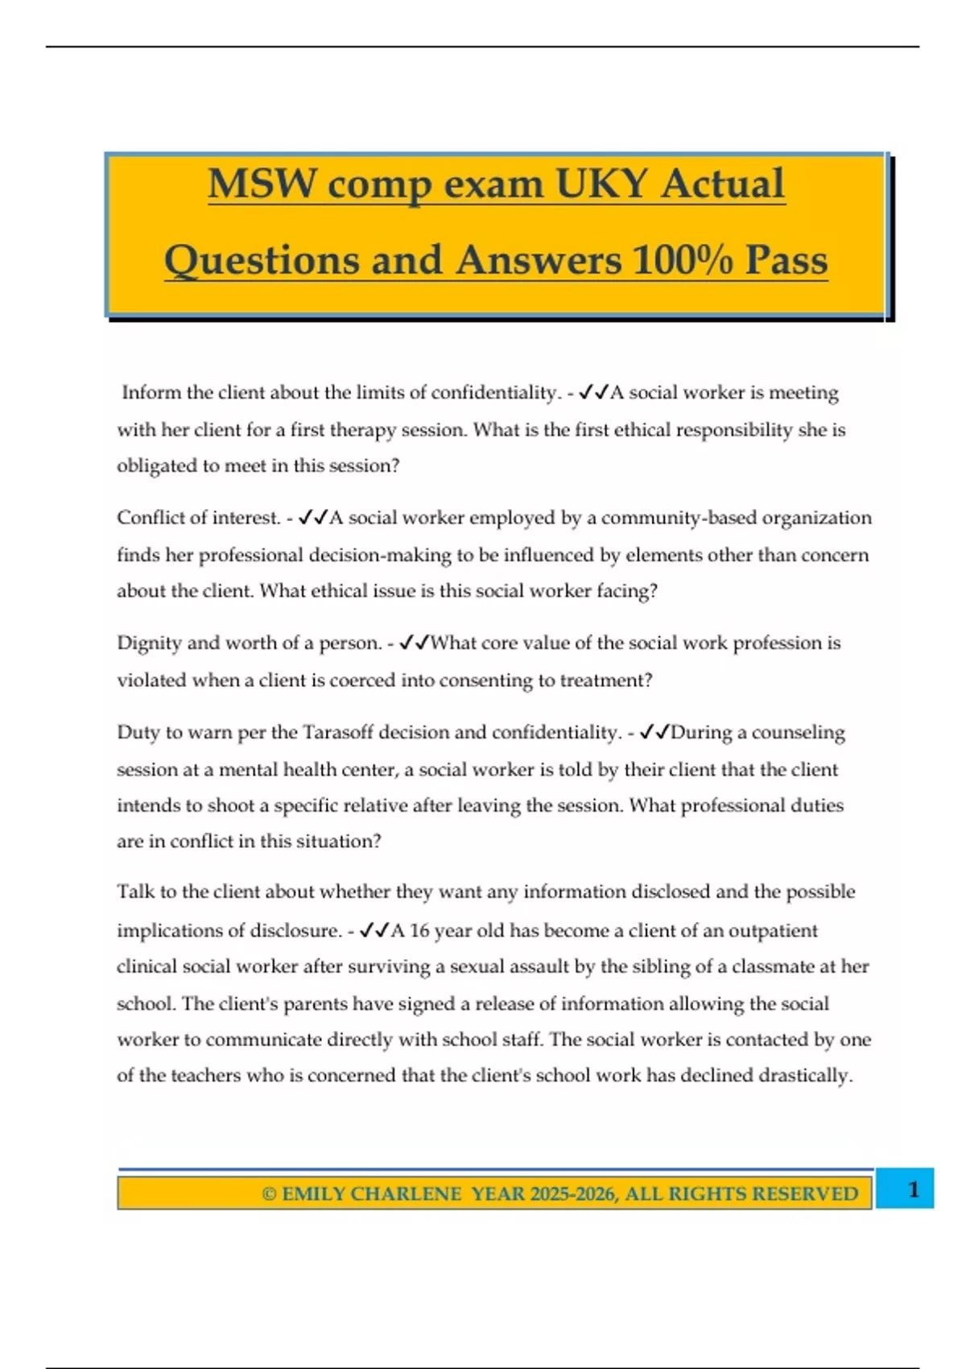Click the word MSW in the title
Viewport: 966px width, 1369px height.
point(262,184)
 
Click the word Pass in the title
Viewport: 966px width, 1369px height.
point(786,260)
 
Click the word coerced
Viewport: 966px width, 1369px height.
point(360,680)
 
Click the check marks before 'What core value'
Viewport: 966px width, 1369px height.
point(414,643)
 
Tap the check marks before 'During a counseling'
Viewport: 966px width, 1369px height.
point(654,733)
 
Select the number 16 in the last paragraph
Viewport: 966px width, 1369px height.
point(419,931)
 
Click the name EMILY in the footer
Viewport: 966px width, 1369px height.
point(314,1193)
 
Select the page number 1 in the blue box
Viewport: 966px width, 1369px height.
point(913,1189)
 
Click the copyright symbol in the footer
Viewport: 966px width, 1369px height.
point(269,1193)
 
